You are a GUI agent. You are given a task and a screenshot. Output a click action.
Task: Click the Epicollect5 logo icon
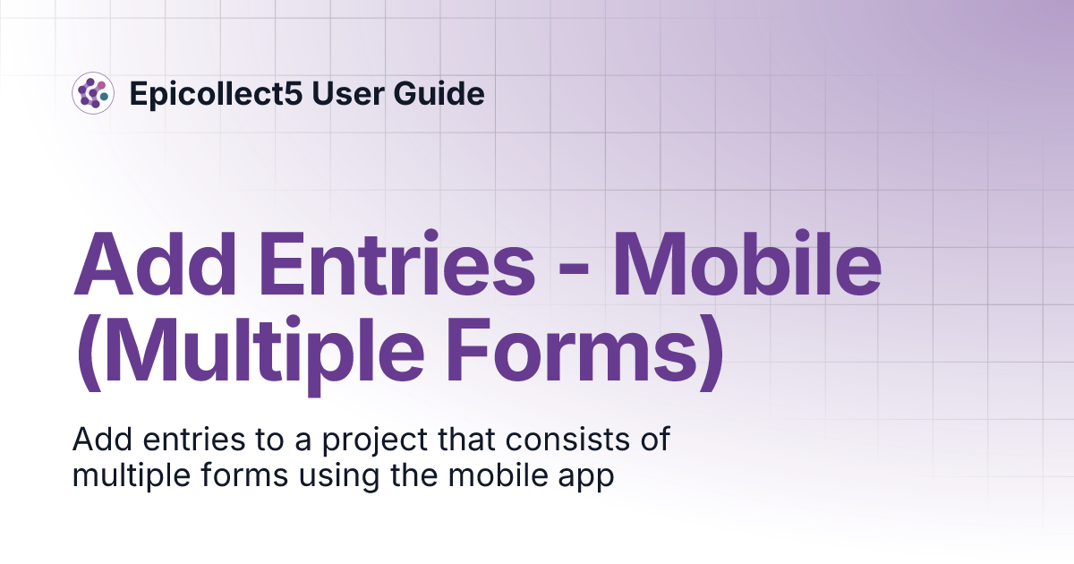(93, 93)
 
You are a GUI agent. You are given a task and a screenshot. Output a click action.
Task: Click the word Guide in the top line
(443, 93)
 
